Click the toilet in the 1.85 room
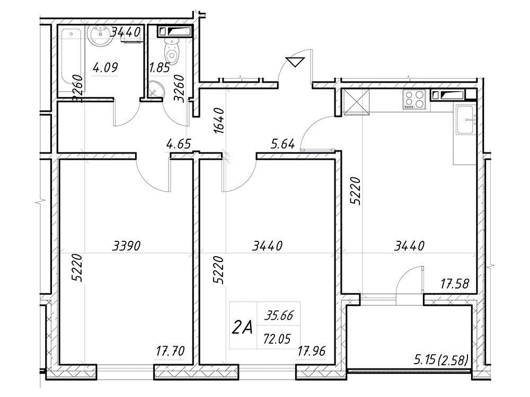172,51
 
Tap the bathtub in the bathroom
71,60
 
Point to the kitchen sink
466,120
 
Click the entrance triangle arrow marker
295,62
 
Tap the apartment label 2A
242,327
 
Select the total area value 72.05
277,338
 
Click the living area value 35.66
279,315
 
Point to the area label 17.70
170,351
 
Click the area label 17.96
311,351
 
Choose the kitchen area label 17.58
455,284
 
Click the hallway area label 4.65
179,144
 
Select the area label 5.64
283,144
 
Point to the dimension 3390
127,246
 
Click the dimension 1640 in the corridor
219,121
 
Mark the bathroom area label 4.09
105,68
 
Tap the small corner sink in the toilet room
155,89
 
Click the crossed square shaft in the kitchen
356,102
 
